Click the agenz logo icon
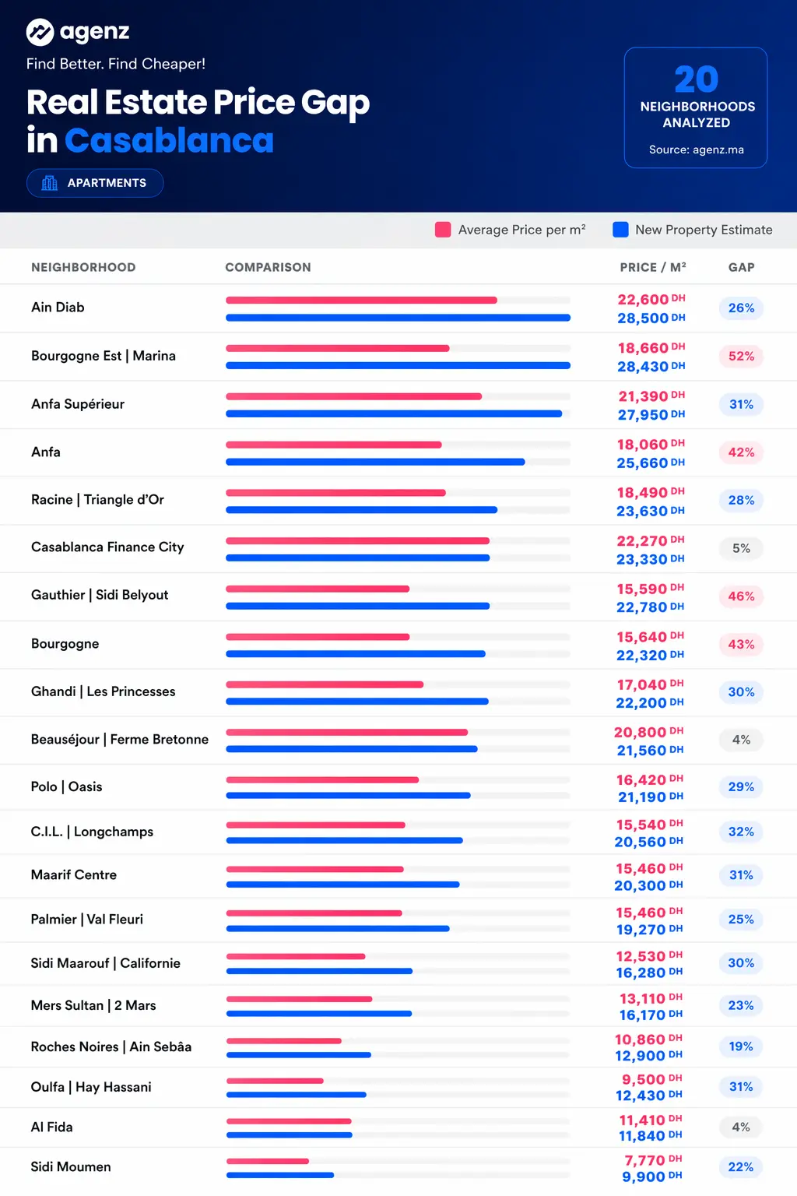[x=40, y=32]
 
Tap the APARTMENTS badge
[x=95, y=183]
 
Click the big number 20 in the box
[x=696, y=79]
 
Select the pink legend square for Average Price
[x=443, y=230]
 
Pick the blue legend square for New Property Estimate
[x=620, y=230]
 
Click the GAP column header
[x=742, y=268]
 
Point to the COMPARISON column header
[x=268, y=268]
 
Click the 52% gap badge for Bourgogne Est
[x=742, y=356]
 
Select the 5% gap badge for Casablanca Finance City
[x=742, y=548]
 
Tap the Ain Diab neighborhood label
[x=58, y=308]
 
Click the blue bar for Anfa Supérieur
[x=394, y=413]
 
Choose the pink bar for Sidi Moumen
[x=268, y=1161]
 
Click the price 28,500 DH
[x=651, y=318]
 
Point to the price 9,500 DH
[x=651, y=1080]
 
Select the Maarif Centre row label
[x=74, y=874]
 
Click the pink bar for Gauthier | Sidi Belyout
[x=318, y=589]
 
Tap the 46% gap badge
[x=742, y=596]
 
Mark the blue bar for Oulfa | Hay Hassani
[x=297, y=1095]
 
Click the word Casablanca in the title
[x=169, y=140]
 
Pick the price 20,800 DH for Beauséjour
[x=648, y=732]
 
